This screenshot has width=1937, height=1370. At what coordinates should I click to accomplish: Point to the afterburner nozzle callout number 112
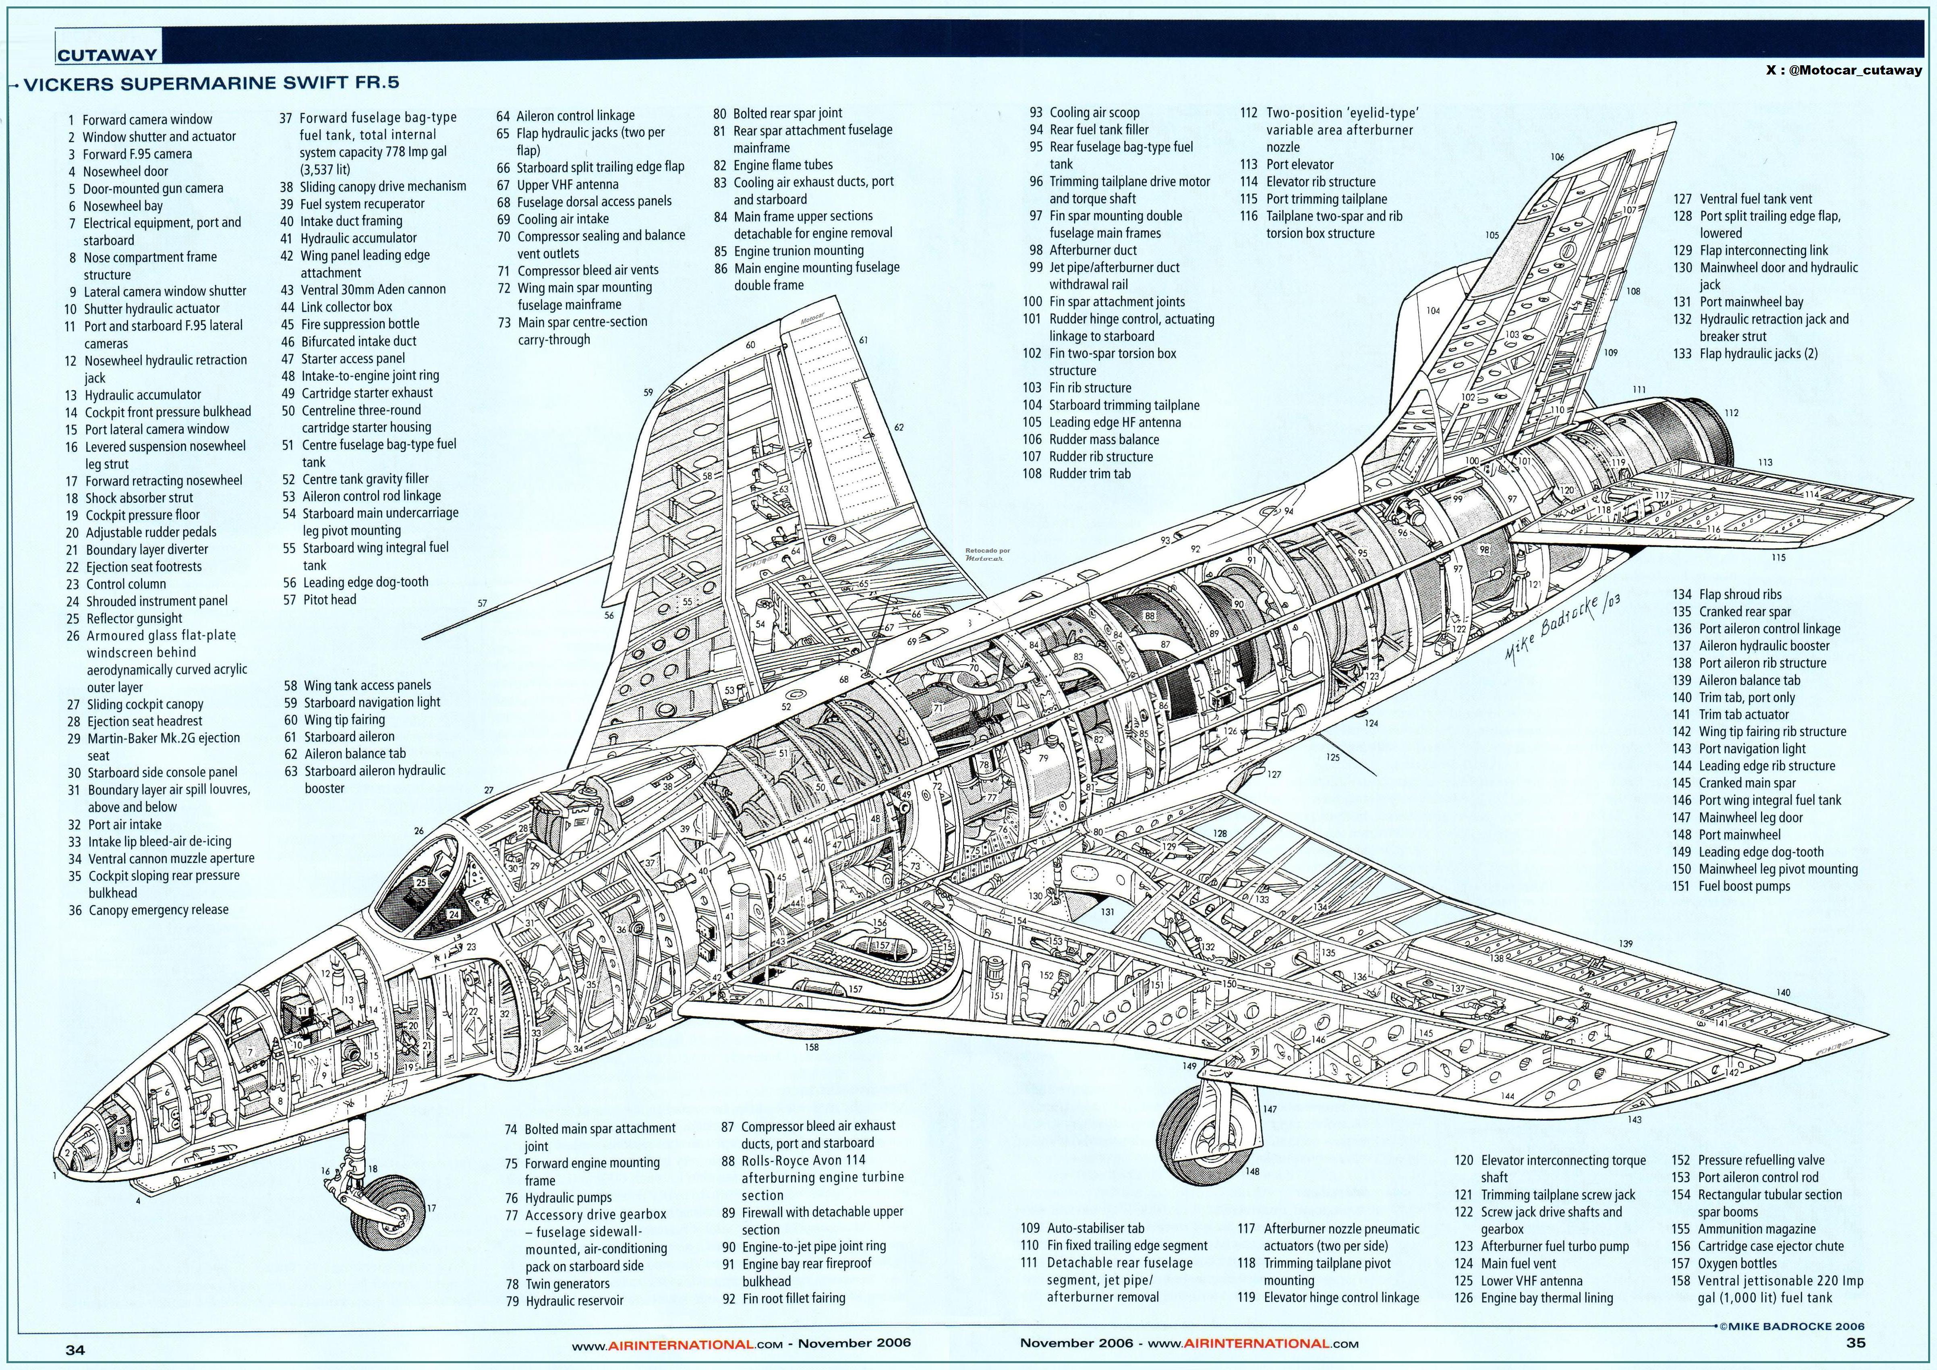1731,412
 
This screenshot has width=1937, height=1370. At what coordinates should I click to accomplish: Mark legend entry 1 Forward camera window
139,120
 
